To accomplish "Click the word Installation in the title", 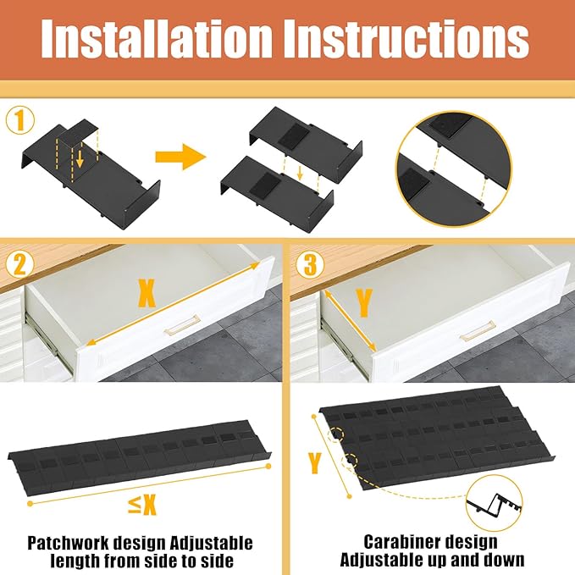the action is pyautogui.click(x=158, y=38).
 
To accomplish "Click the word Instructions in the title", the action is pyautogui.click(x=411, y=38).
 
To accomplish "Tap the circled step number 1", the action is pyautogui.click(x=20, y=121).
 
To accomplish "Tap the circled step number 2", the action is pyautogui.click(x=19, y=263).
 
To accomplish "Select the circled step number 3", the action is pyautogui.click(x=310, y=263).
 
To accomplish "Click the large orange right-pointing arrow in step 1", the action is pyautogui.click(x=180, y=157).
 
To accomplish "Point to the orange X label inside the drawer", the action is pyautogui.click(x=147, y=293).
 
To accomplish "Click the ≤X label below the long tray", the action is pyautogui.click(x=142, y=505).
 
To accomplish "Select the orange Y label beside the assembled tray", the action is pyautogui.click(x=315, y=463).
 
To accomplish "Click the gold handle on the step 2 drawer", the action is pyautogui.click(x=182, y=324).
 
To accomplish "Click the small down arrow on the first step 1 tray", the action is pyautogui.click(x=80, y=158).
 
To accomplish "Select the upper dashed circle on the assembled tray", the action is pyautogui.click(x=336, y=434).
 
